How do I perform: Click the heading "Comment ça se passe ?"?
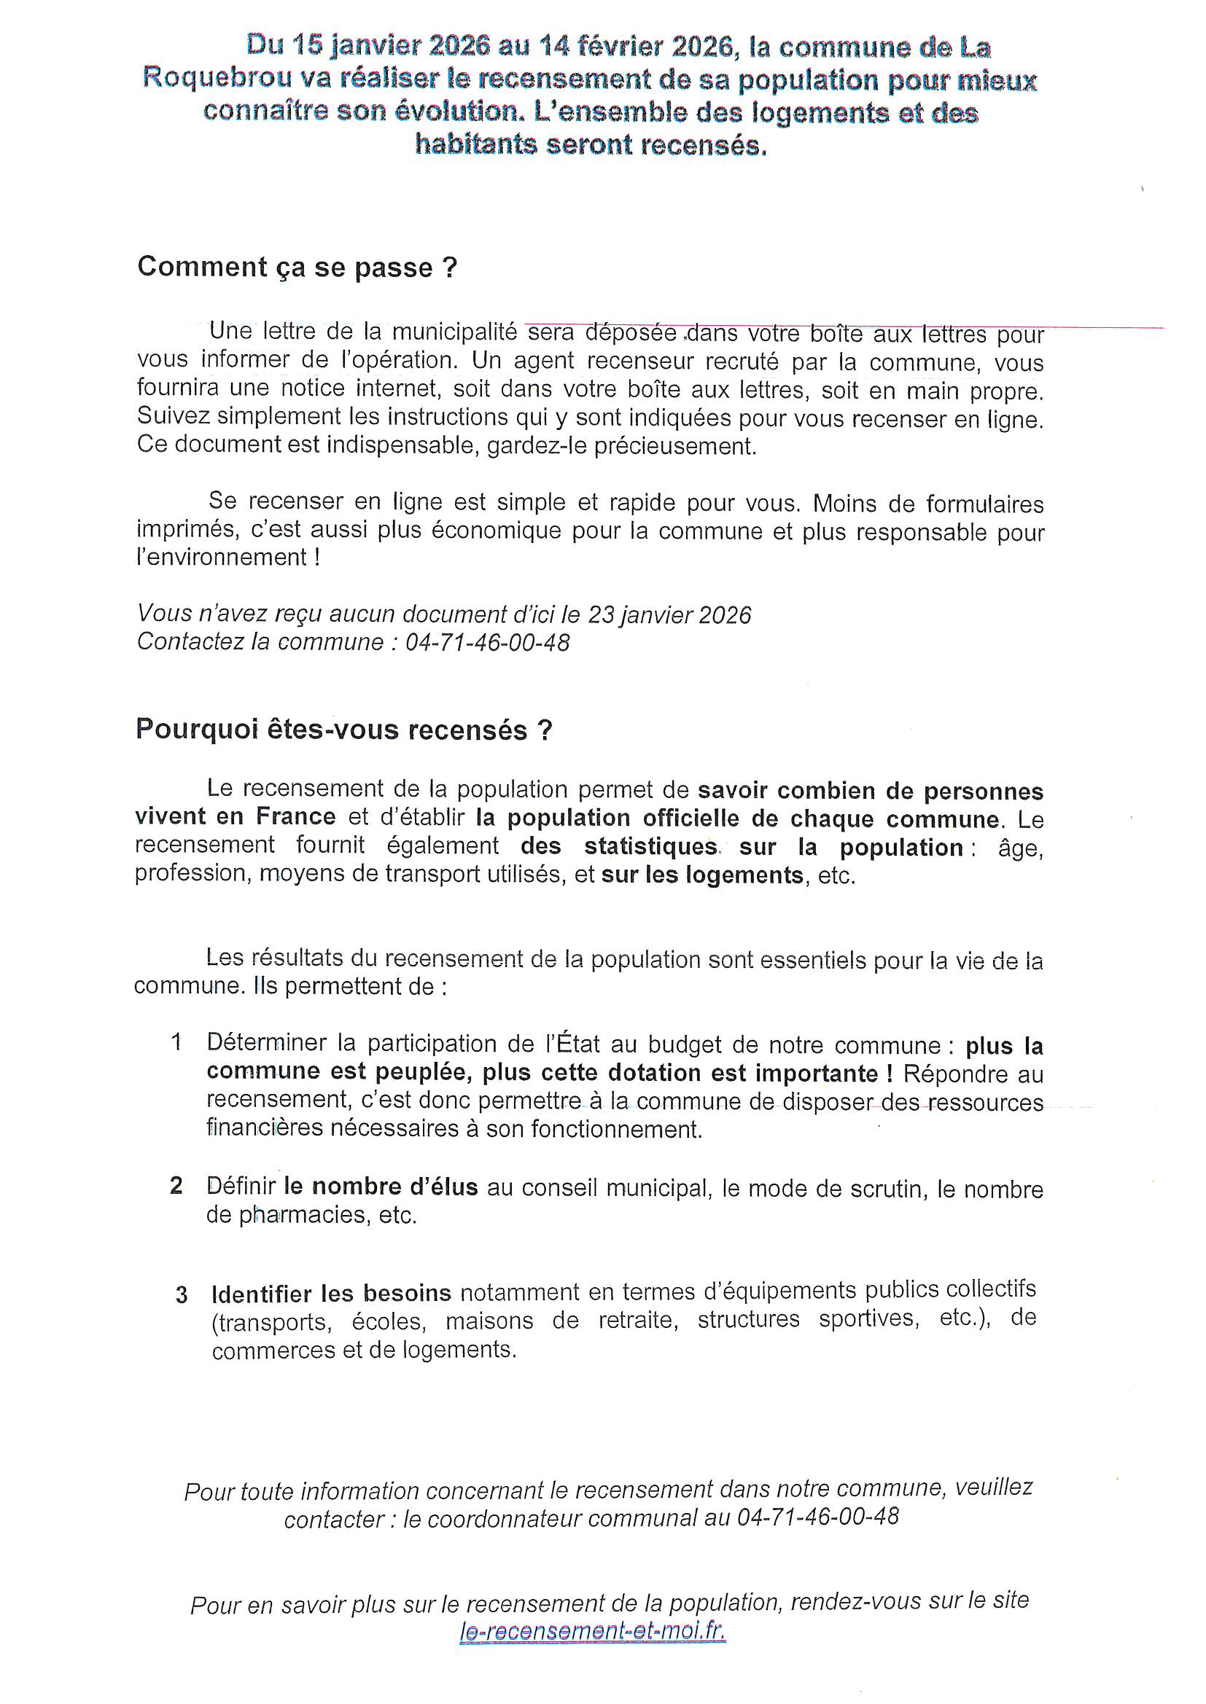[296, 267]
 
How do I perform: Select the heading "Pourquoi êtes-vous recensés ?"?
[344, 730]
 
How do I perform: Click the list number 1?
[176, 1043]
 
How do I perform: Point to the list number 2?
[176, 1185]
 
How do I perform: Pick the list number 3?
[182, 1296]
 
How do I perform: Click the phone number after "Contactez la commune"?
[487, 643]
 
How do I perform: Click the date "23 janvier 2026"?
[669, 615]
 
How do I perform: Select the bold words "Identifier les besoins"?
[331, 1294]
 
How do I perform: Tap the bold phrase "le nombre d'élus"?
[380, 1187]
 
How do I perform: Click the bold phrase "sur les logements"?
[701, 876]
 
